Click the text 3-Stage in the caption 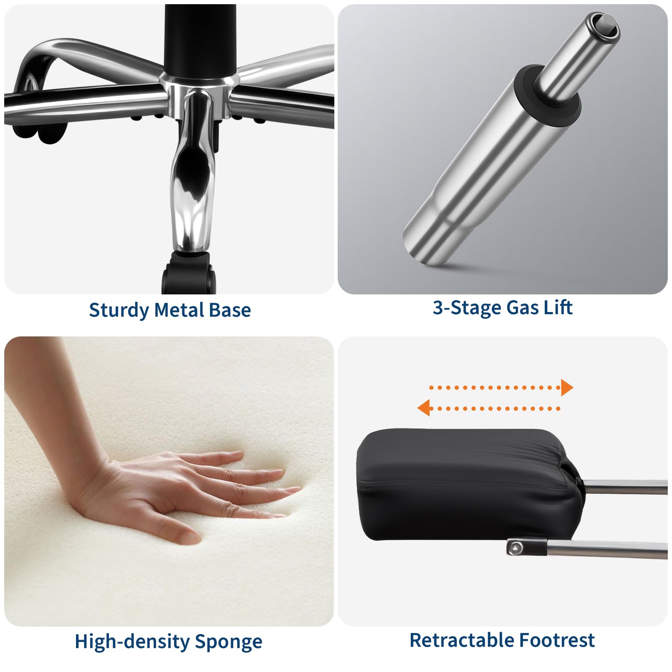coord(467,307)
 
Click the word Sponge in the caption coord(228,642)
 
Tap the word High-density coord(132,641)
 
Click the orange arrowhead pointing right coord(567,387)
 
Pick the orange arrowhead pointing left coord(423,408)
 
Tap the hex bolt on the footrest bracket coord(515,548)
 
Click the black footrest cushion coord(462,483)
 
